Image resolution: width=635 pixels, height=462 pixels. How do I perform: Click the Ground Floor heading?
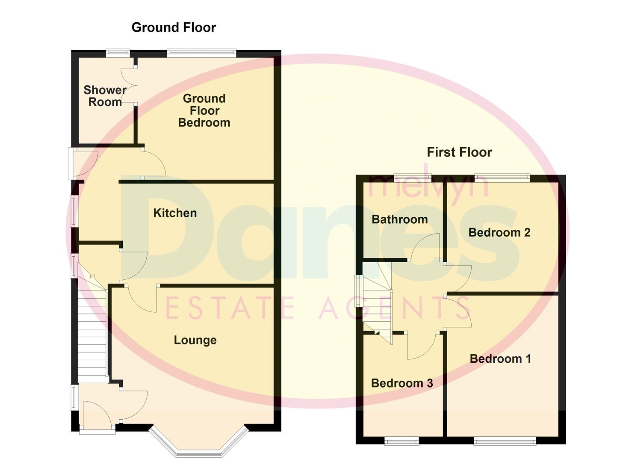point(174,27)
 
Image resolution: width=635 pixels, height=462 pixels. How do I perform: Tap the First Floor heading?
point(459,152)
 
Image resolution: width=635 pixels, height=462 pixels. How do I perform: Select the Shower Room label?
point(105,96)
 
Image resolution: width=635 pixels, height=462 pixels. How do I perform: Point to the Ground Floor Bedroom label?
point(204,110)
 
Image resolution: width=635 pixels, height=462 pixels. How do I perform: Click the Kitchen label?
point(175,213)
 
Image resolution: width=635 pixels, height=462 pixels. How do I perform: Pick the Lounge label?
point(195,340)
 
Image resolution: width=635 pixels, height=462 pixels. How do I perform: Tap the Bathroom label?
point(399,219)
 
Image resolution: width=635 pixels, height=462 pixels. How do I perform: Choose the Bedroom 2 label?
point(499,232)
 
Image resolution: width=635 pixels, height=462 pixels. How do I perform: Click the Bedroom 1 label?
point(500,358)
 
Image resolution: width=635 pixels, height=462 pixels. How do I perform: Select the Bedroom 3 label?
point(402,383)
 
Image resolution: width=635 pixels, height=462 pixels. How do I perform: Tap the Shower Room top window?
point(118,53)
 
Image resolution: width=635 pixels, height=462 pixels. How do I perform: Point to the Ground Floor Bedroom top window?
point(201,53)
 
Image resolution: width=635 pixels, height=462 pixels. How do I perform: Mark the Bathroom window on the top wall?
point(412,178)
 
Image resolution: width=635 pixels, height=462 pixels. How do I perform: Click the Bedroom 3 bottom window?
point(401,441)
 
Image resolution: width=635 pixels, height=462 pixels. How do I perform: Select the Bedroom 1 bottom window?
point(505,441)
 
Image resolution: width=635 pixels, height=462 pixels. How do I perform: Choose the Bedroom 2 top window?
point(502,178)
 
